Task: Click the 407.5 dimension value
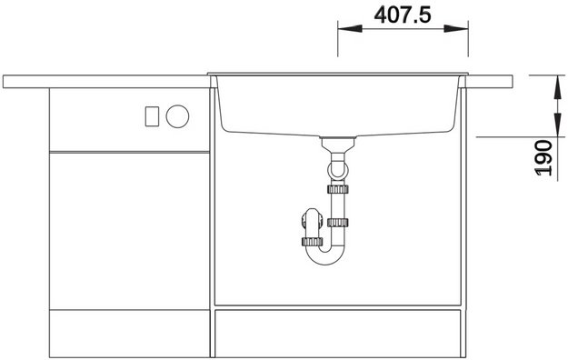[403, 15]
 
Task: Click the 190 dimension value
[543, 157]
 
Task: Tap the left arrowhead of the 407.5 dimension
[350, 28]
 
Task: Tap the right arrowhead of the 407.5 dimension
[456, 28]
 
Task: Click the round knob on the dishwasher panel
[177, 116]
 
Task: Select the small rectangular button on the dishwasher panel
[152, 116]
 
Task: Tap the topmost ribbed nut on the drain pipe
[338, 189]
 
